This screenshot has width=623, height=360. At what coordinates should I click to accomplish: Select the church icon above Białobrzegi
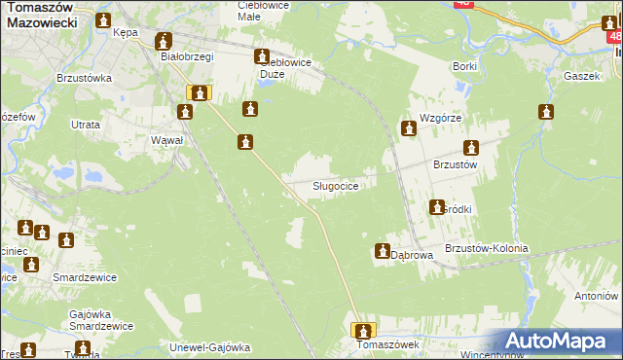tap(164, 41)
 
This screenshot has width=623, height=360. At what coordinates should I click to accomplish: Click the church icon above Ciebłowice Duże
tap(262, 57)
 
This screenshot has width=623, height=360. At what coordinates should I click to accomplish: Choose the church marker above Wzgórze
tap(410, 126)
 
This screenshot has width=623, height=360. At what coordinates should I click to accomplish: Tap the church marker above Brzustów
tap(472, 149)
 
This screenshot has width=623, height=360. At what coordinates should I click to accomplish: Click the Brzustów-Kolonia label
tap(486, 248)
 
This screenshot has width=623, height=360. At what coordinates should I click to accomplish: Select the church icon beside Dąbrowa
tap(382, 252)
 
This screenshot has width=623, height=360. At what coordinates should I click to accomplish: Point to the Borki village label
tap(464, 65)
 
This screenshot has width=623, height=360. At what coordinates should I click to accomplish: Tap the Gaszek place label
tap(578, 75)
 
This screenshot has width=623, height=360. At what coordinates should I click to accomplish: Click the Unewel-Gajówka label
tap(210, 346)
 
